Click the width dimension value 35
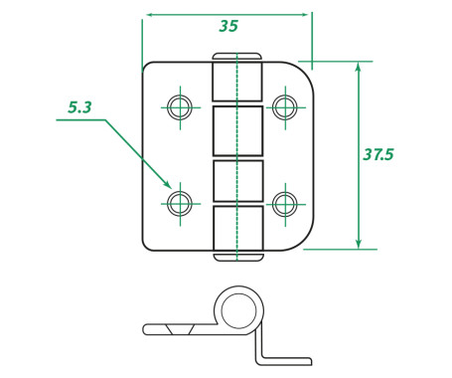pyautogui.click(x=228, y=26)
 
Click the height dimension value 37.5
pyautogui.click(x=378, y=154)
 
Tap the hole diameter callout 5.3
pyautogui.click(x=79, y=107)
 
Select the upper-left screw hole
pyautogui.click(x=180, y=107)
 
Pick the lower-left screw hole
pyautogui.click(x=180, y=203)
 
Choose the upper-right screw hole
pyautogui.click(x=285, y=107)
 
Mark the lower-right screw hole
pyautogui.click(x=285, y=204)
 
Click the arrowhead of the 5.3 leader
pyautogui.click(x=168, y=185)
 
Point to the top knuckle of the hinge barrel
pyautogui.click(x=237, y=82)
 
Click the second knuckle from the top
pyautogui.click(x=237, y=130)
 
